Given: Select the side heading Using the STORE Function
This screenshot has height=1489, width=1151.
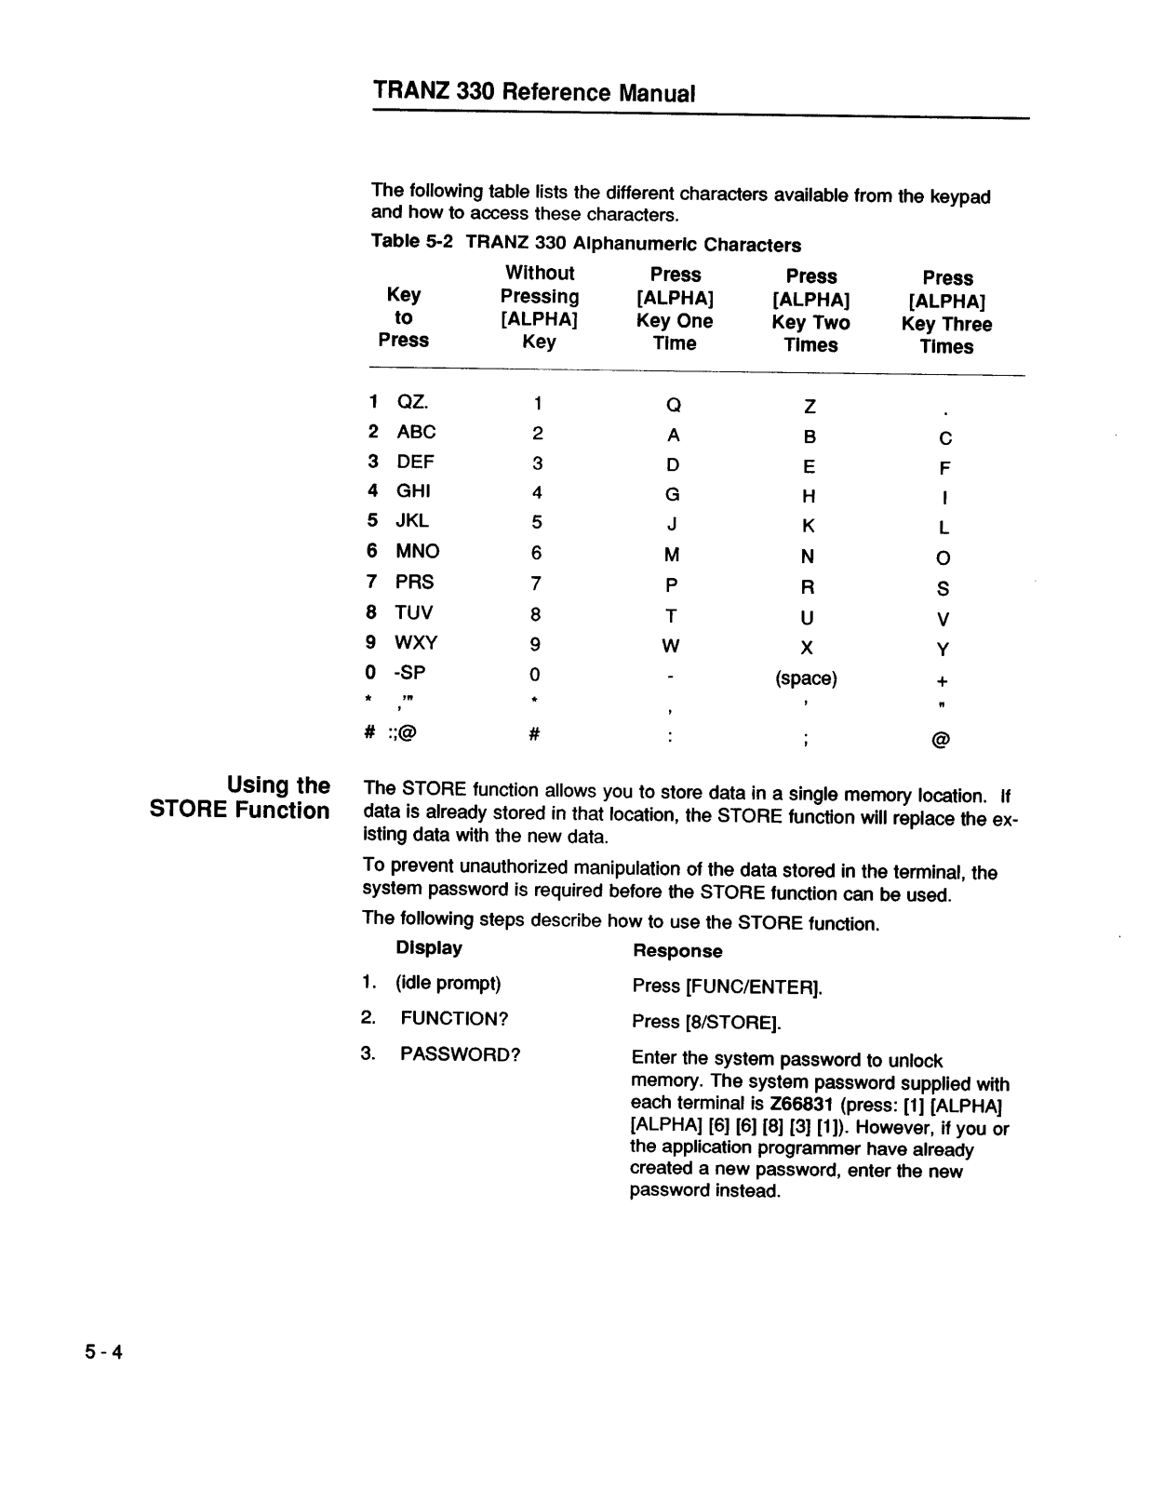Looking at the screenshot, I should pyautogui.click(x=240, y=798).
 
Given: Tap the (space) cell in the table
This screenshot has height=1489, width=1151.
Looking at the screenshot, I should pyautogui.click(x=806, y=678).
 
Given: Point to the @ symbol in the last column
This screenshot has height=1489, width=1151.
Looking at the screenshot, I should pyautogui.click(x=941, y=740).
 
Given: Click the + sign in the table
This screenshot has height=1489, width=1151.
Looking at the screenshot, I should pyautogui.click(x=943, y=680).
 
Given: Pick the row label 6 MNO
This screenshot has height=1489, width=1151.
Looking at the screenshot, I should pyautogui.click(x=403, y=551).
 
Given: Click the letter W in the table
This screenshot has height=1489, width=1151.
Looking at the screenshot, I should pyautogui.click(x=671, y=646).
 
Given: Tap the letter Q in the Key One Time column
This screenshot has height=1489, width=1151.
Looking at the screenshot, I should pyautogui.click(x=674, y=405).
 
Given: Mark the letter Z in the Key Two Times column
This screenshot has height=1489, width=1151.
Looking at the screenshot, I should pyautogui.click(x=810, y=407).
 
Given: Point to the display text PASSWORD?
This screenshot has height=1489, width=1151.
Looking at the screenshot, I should pyautogui.click(x=460, y=1054).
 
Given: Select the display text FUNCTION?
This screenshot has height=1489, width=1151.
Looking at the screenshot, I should pyautogui.click(x=454, y=1018).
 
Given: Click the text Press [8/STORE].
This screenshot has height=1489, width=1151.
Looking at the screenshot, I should pyautogui.click(x=706, y=1022).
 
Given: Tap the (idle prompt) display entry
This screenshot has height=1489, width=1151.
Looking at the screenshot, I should pyautogui.click(x=448, y=983).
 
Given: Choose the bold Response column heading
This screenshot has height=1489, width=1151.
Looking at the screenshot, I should pyautogui.click(x=677, y=951).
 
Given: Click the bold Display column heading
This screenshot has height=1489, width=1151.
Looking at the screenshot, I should pyautogui.click(x=429, y=948).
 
